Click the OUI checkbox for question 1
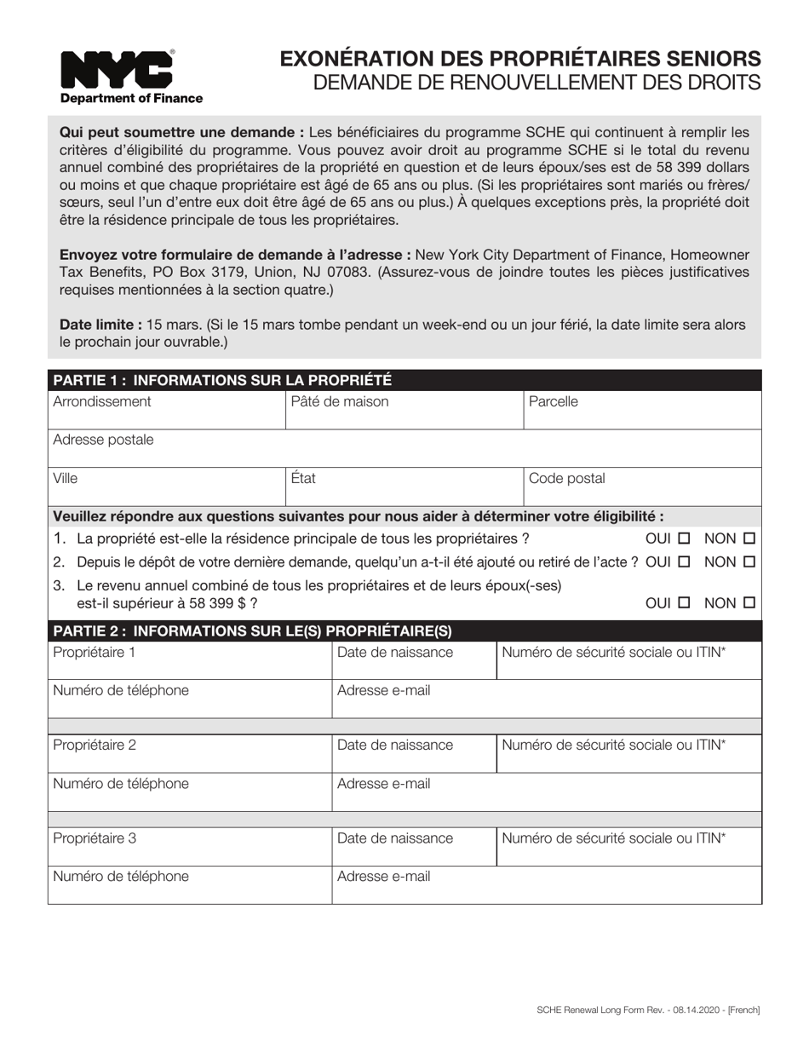[x=683, y=538]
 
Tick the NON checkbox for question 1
[x=749, y=538]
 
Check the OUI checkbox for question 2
[x=683, y=562]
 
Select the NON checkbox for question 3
[x=749, y=603]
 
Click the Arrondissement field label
[x=102, y=401]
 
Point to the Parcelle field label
[x=553, y=401]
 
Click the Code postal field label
[x=566, y=478]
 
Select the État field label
[x=303, y=478]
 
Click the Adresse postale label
[x=103, y=440]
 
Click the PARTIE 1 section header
[x=222, y=380]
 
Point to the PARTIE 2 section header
[x=252, y=631]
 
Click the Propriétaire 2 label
[x=95, y=745]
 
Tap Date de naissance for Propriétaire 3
[x=395, y=838]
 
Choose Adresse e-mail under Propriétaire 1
[x=383, y=690]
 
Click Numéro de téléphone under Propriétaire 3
[x=121, y=876]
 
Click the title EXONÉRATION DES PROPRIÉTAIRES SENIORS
[x=520, y=58]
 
